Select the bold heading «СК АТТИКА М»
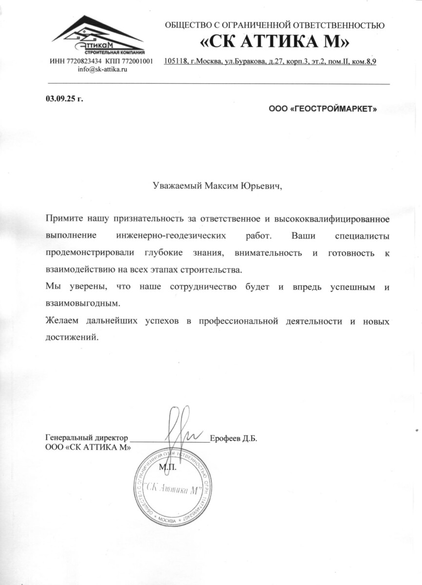(x=275, y=42)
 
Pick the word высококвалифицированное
(x=333, y=219)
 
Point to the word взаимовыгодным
(x=82, y=303)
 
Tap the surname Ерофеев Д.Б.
(x=233, y=438)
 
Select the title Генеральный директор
(x=87, y=438)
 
